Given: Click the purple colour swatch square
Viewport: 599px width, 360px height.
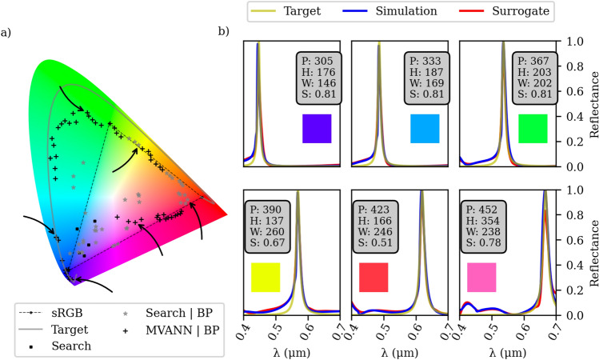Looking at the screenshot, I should [x=317, y=128].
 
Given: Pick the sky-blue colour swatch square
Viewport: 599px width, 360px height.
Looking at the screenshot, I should [x=424, y=128].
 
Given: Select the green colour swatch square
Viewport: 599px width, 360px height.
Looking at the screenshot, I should [x=532, y=128].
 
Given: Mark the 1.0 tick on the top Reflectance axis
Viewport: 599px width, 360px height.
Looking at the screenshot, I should [x=573, y=42].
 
